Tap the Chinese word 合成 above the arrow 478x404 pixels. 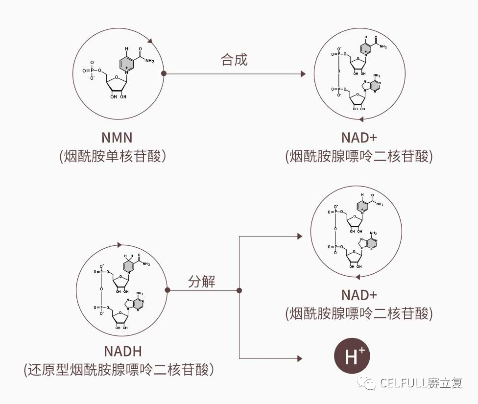[234, 60]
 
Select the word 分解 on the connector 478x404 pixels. [202, 282]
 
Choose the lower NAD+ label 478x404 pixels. [359, 295]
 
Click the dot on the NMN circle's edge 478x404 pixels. [164, 74]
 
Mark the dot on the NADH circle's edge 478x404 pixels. [167, 290]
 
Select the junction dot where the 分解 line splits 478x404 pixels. [239, 290]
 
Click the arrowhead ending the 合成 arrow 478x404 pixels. [303, 74]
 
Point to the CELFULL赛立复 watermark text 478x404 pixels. [421, 383]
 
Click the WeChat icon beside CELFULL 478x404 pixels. [368, 383]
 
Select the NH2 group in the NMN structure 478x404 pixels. [149, 61]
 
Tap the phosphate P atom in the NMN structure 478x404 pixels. [92, 70]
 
